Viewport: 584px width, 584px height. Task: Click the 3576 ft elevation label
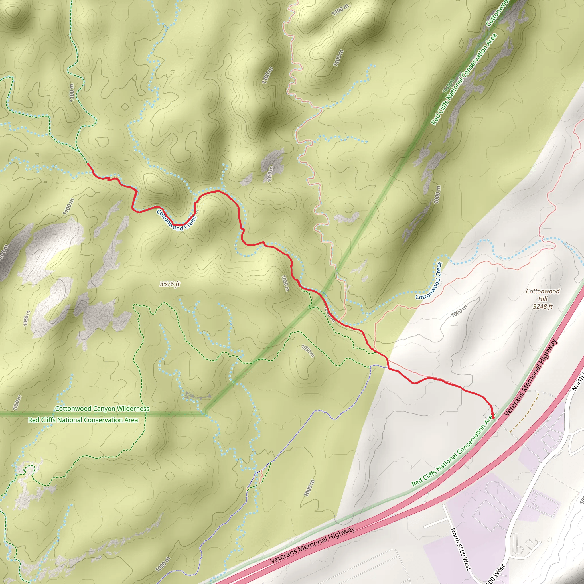pos(170,284)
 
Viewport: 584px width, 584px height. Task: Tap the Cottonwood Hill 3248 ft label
pos(543,299)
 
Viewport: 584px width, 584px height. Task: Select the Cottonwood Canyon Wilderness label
pos(102,409)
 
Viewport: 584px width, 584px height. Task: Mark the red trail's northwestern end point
pos(88,163)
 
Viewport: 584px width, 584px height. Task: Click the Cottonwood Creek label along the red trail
pos(177,220)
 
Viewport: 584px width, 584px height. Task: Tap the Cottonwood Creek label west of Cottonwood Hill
pos(429,281)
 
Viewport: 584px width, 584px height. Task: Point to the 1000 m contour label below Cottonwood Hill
pos(459,311)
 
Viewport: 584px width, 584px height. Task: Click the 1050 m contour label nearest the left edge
pos(17,403)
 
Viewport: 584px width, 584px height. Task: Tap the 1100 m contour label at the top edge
pos(340,10)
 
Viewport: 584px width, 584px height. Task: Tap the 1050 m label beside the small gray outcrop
pos(270,174)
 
